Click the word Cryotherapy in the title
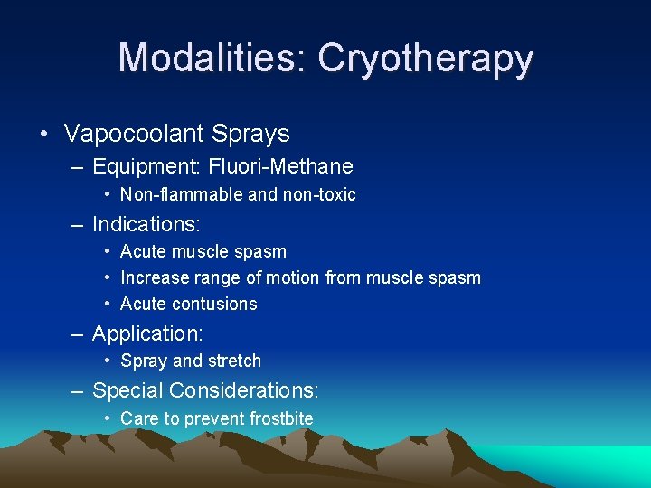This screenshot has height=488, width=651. point(426,60)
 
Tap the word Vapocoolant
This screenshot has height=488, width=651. point(134,135)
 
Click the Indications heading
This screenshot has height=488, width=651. point(146,223)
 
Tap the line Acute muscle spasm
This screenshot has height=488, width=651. point(203,251)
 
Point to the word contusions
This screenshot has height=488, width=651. point(213,304)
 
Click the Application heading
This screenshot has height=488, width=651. point(147,334)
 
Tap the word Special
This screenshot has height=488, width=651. point(127,391)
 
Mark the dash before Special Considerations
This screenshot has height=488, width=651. point(80,391)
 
